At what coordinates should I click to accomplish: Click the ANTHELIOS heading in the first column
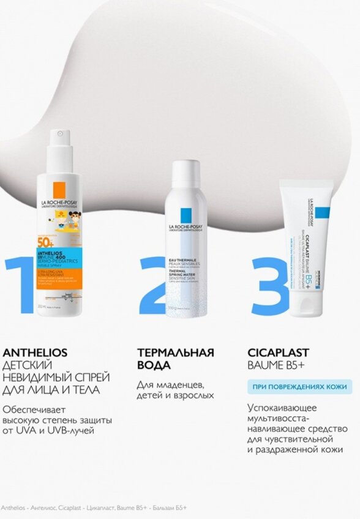[36, 353]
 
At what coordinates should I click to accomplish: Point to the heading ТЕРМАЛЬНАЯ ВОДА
[175, 359]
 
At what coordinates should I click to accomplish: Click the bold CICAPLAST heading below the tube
[279, 353]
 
